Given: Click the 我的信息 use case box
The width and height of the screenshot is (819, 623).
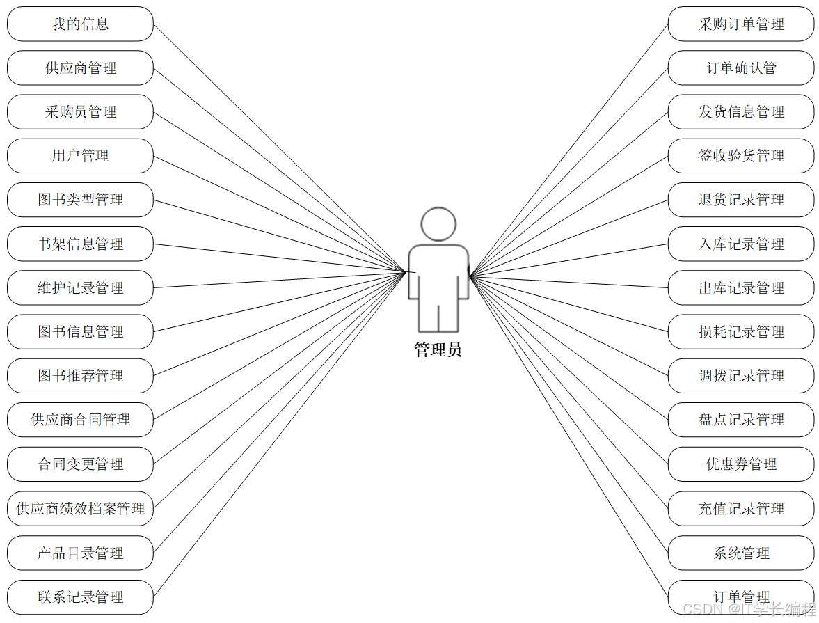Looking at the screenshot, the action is (80, 24).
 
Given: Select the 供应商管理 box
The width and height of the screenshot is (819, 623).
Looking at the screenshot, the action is (80, 68).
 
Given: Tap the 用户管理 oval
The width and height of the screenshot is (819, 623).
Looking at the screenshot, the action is (80, 156).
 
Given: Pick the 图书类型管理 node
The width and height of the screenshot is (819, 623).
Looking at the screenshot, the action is (80, 200).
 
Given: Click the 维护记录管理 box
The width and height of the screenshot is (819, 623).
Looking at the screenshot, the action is (80, 288).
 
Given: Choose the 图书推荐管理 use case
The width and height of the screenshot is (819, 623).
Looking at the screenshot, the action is (80, 376).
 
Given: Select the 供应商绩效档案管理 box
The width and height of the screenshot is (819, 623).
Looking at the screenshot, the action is (80, 509).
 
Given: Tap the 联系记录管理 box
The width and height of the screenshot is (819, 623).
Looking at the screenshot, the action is (80, 597).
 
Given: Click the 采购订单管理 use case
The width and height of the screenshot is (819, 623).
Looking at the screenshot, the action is (741, 24).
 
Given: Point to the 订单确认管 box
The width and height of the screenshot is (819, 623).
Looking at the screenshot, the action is (741, 68).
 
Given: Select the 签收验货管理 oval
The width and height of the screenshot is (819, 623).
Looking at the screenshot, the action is (741, 156).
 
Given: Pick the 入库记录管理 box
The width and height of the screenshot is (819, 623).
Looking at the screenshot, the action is (741, 244).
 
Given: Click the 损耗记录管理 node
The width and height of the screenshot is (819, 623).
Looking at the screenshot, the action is (741, 332).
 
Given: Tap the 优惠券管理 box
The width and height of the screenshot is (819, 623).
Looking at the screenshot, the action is (741, 464).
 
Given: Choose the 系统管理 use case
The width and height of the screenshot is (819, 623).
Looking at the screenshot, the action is (741, 553).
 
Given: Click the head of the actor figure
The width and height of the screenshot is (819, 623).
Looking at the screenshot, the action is (438, 224).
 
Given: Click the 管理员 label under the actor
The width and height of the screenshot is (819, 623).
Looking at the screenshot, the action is (438, 350).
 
